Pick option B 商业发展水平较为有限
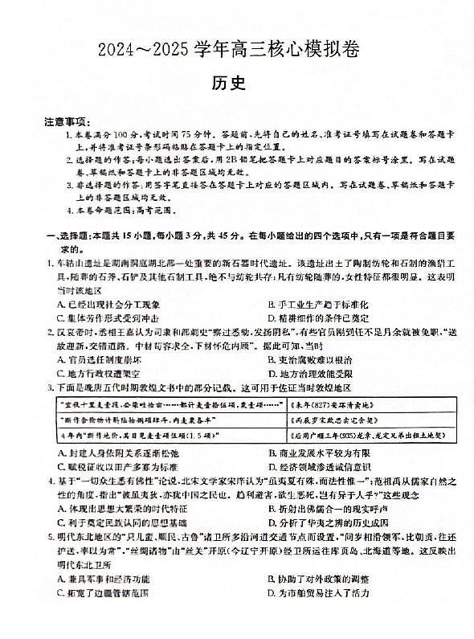(318, 453)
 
